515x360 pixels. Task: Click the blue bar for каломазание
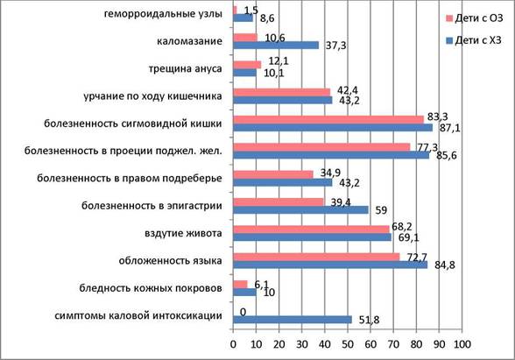276,45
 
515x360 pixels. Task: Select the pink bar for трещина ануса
247,65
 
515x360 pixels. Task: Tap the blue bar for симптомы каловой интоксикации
293,320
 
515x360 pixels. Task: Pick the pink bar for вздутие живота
311,229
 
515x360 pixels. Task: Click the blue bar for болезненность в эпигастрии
301,210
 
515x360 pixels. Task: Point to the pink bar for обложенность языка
316,257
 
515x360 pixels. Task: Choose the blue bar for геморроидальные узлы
243,18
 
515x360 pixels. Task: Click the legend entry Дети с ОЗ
474,18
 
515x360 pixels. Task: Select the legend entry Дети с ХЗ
474,40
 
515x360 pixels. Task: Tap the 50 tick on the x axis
348,344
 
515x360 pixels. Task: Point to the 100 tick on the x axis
462,344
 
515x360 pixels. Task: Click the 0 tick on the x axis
233,344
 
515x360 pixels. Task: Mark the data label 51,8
369,320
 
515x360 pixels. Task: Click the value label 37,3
335,46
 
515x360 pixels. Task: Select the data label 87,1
450,128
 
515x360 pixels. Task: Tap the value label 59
381,210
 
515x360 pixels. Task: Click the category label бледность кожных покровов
151,288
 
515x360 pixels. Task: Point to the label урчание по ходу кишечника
152,96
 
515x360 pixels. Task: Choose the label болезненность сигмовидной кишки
133,124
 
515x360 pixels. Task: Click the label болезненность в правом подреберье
130,179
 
